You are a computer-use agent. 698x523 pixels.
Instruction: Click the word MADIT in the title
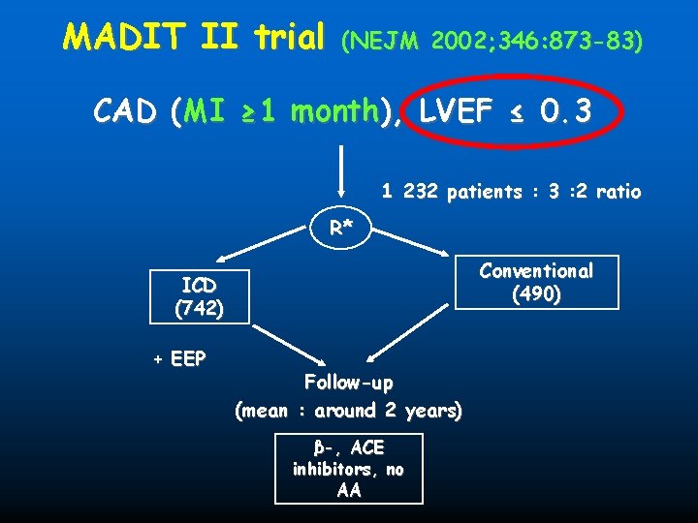(x=125, y=38)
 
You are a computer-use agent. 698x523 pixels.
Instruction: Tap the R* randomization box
(x=340, y=229)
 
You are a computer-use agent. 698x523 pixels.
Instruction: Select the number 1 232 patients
(x=436, y=192)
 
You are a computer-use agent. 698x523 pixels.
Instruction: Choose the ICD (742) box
(x=199, y=297)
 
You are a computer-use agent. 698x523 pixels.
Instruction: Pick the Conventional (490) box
(x=536, y=282)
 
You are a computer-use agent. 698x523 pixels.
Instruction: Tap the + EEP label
(x=179, y=359)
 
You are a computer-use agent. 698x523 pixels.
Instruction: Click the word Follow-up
(x=348, y=382)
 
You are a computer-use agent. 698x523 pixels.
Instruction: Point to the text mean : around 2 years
(x=349, y=411)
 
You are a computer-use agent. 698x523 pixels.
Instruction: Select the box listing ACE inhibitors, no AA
(x=349, y=469)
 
